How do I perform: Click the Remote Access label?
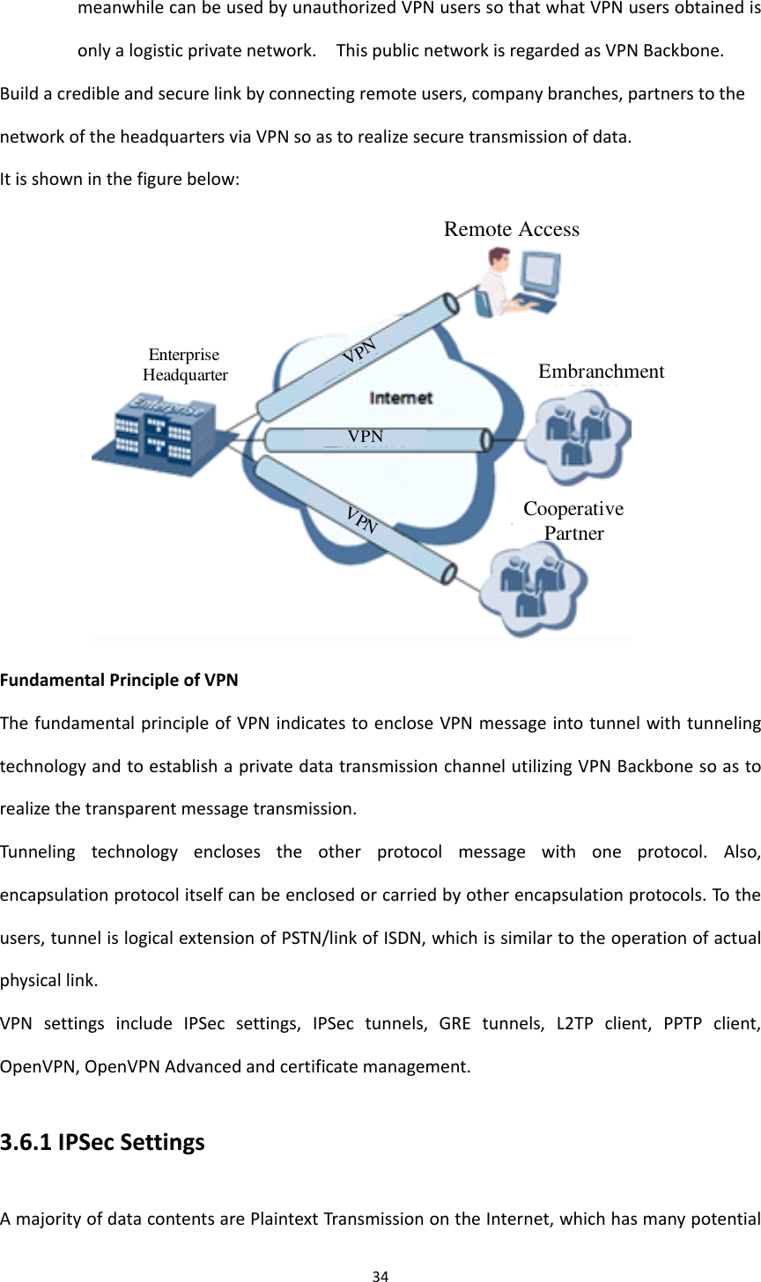pos(512,229)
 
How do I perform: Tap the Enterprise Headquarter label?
pos(185,365)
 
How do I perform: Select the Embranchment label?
pos(601,372)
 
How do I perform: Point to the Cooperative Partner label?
pos(573,520)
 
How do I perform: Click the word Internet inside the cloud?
pos(401,398)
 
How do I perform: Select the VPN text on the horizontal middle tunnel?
pos(366,436)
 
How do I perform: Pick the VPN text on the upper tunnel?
pos(360,350)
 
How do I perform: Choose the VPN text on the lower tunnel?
pos(361,520)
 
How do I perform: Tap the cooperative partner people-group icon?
pos(532,582)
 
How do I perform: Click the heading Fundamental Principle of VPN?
pos(119,680)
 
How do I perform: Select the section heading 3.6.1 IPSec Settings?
pos(102,1142)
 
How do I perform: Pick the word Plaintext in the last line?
pos(284,1219)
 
